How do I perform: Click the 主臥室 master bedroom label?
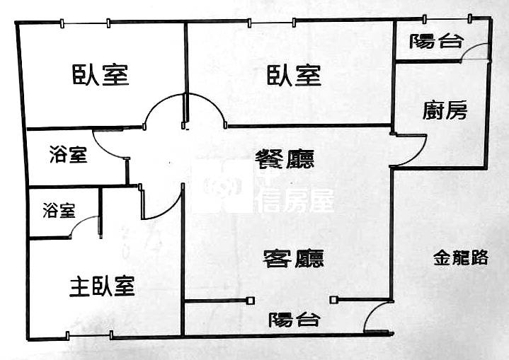click(102, 286)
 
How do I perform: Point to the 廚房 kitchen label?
click(445, 110)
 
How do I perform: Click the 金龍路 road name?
click(460, 258)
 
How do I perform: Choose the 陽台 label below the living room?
click(294, 320)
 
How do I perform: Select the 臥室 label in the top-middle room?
click(294, 74)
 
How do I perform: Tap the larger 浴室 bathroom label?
click(69, 155)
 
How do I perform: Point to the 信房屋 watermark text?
click(296, 201)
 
